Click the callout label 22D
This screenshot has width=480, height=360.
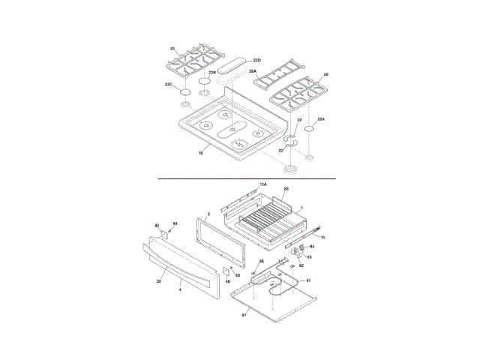click(x=257, y=59)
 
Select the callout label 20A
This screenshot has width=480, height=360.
click(x=252, y=71)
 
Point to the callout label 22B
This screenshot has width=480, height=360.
click(x=212, y=73)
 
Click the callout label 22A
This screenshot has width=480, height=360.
click(x=321, y=119)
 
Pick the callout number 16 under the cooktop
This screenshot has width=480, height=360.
click(x=200, y=154)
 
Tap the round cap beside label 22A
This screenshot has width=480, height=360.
click(x=310, y=128)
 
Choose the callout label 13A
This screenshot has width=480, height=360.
click(x=262, y=184)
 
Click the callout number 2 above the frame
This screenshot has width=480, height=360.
click(x=208, y=214)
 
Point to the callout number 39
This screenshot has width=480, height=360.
click(x=158, y=281)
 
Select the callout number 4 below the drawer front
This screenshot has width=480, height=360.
click(x=180, y=288)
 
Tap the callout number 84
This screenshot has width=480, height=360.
click(x=312, y=246)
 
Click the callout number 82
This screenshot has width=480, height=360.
click(x=301, y=264)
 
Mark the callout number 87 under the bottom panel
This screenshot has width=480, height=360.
click(x=244, y=316)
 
